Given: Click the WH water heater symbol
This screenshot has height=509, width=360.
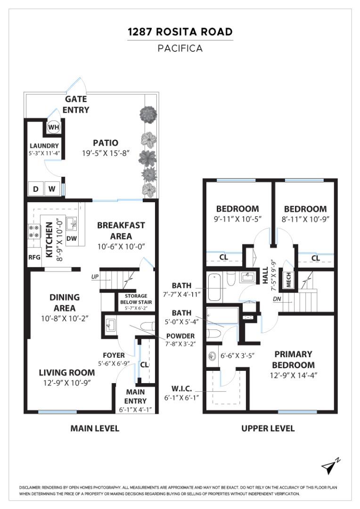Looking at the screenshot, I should pos(53,127).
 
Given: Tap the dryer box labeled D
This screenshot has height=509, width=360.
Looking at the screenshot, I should pos(36,189).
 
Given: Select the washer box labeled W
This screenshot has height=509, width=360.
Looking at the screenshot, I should pos(52,189).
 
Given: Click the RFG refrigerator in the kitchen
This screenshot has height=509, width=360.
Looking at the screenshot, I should pos(34,257).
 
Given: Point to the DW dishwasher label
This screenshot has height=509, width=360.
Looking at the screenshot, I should pos(72,238).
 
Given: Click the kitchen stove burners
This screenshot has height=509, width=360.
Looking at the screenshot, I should pos(34,230).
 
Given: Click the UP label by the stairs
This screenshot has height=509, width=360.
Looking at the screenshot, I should pos(95,277).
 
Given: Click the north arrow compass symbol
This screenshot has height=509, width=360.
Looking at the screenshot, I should pos(329,466).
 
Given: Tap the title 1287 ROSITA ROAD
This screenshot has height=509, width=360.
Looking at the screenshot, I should pos(180,32).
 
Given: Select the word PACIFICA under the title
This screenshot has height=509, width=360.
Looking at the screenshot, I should pos(180,48).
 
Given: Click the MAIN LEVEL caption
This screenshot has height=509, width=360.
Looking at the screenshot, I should pos(95,428).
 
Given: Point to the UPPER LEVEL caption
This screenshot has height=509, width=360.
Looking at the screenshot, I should pos(268,428).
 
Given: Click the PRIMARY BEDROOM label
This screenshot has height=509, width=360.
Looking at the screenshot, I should pos(294,359).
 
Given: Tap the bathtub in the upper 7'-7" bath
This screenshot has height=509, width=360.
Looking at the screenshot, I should pos(214,287).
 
